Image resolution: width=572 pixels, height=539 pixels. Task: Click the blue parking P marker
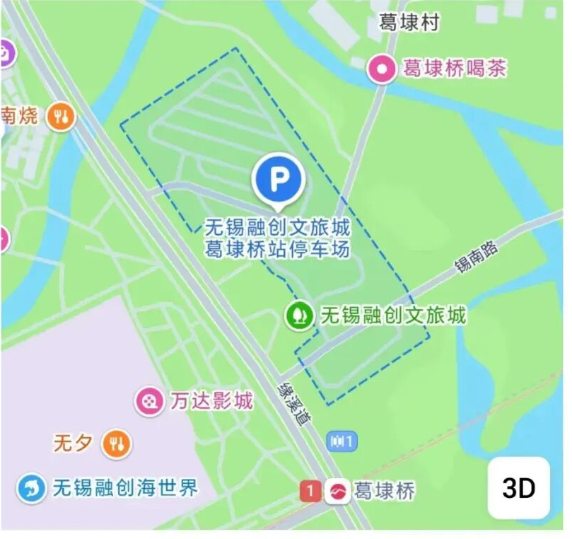pos(279,179)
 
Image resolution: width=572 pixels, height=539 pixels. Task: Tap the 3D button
pos(518,488)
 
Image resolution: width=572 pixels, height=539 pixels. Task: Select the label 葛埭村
pos(409,23)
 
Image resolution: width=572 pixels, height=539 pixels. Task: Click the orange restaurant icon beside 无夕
pos(117,444)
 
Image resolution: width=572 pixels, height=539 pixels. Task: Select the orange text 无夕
pos(73,444)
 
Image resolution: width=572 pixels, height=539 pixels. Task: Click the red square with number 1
pos(309,490)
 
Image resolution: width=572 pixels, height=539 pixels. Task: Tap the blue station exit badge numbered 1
pos(343,441)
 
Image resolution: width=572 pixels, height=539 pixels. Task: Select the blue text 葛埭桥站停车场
pos(277,249)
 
